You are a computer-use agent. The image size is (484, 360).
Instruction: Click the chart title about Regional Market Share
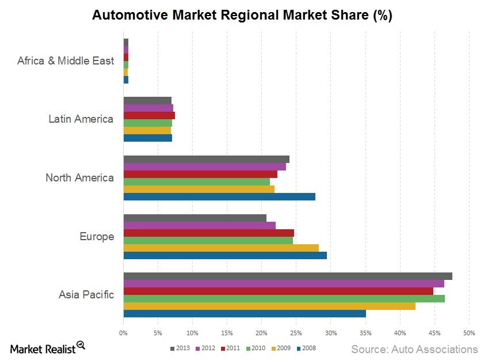242,16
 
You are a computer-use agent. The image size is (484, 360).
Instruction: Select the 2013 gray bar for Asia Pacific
288,276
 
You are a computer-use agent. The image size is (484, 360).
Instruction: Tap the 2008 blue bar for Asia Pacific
245,313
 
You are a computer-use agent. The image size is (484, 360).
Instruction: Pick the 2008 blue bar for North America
219,196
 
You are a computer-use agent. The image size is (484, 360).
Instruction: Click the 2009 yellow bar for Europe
221,248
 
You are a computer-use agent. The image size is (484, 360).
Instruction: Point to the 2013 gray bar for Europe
195,218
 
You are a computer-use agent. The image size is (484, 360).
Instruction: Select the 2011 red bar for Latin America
149,115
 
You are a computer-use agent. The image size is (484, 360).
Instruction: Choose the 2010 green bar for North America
197,181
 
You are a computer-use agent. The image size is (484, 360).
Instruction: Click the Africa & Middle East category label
66,60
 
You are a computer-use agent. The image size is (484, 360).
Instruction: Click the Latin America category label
81,119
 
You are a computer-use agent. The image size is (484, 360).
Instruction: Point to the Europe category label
97,237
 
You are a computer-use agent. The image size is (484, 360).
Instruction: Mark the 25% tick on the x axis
296,333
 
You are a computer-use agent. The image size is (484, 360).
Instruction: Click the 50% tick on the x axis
469,333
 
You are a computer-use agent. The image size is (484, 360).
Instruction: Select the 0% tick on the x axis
123,333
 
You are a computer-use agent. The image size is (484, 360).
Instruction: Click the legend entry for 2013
180,348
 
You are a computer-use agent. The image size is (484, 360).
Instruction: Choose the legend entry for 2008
306,348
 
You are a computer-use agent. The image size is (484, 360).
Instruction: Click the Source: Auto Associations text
414,349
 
